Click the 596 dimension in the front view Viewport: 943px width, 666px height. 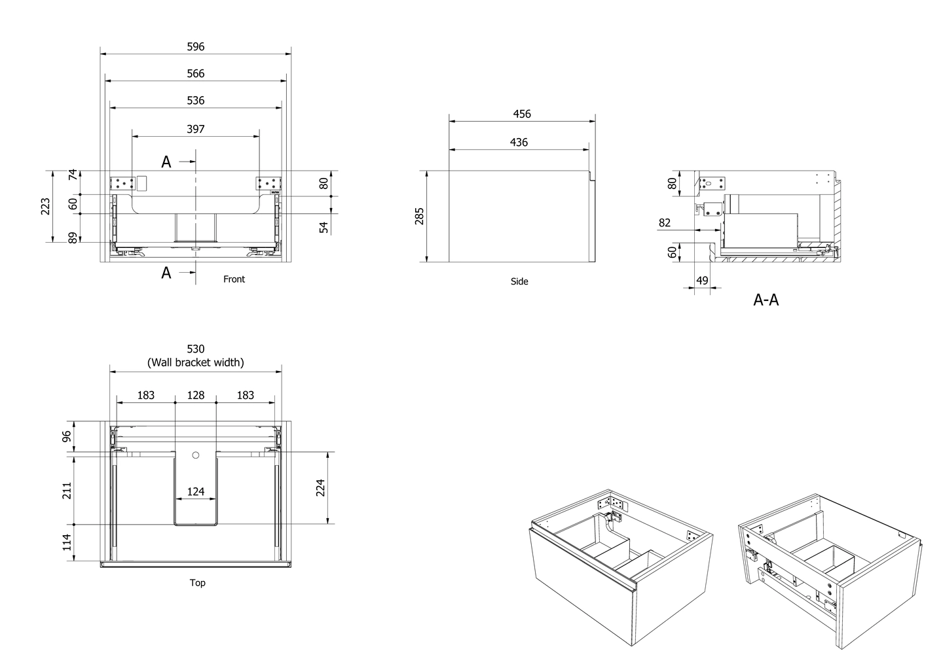click(196, 46)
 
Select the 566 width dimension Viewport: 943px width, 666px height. click(196, 73)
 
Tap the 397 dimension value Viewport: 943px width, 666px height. click(196, 129)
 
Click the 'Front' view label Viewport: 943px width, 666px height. click(234, 279)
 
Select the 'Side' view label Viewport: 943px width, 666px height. click(519, 282)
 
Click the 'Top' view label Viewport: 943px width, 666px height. click(197, 583)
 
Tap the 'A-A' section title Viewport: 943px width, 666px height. click(766, 300)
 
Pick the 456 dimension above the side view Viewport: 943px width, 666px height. click(522, 114)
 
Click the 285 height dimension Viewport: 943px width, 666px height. click(420, 216)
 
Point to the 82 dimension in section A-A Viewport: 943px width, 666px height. click(665, 223)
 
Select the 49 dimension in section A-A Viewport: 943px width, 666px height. click(702, 281)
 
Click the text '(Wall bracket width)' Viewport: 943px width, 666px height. click(196, 362)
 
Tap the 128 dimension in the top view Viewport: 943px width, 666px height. click(196, 395)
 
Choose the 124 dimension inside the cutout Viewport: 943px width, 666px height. click(196, 491)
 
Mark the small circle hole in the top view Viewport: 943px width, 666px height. click(196, 455)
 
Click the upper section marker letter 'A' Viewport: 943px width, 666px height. click(166, 162)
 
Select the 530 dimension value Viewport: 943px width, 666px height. click(196, 349)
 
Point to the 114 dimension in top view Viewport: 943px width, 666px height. click(67, 542)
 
